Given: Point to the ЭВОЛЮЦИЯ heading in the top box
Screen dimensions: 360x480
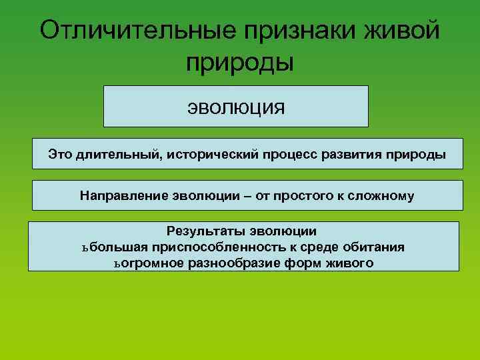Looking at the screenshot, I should coord(235,107).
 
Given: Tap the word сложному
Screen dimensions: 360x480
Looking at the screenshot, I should coord(381,196).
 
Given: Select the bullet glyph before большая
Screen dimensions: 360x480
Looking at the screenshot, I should coord(85,247).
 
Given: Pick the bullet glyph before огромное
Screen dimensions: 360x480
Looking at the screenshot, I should coord(117,263).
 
